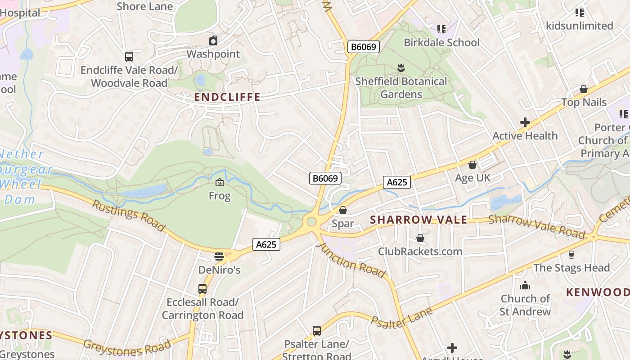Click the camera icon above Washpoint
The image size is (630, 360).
tap(213, 41)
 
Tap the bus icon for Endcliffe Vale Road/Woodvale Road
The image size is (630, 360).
tap(129, 57)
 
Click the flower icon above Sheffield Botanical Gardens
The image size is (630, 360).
tap(401, 68)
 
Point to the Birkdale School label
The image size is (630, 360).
tap(441, 43)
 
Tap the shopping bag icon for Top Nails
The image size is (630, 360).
tap(584, 89)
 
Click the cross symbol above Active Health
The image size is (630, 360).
tap(525, 122)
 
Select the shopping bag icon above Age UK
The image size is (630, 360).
tap(472, 165)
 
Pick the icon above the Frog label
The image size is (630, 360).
tap(220, 182)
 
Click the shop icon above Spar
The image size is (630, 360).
tap(343, 210)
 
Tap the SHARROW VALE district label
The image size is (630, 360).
tap(418, 220)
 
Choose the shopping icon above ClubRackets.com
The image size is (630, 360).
tap(420, 238)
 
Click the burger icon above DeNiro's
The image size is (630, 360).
tap(219, 256)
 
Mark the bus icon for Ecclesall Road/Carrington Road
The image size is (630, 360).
tap(202, 289)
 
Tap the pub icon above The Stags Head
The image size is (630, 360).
tap(571, 255)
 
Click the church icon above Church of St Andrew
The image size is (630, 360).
tap(525, 286)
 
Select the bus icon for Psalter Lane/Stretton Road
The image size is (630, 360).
tap(317, 331)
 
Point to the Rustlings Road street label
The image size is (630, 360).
tap(129, 216)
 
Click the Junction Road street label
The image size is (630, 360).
tap(351, 260)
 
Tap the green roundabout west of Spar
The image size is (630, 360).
tap(311, 222)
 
